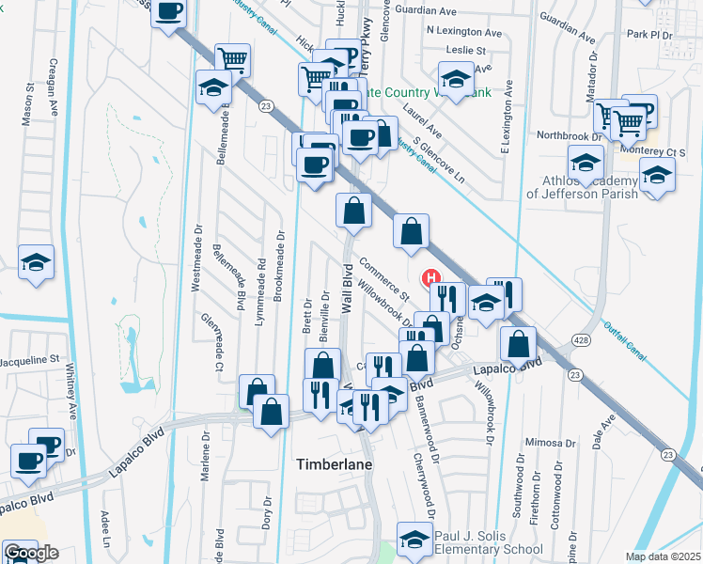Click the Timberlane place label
pos(336,464)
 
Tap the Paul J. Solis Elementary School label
pos(488,542)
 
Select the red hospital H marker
pos(432,278)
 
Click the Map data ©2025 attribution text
pos(662,556)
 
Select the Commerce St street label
pos(385,280)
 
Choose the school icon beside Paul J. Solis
pos(412,538)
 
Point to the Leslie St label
pos(467,49)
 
